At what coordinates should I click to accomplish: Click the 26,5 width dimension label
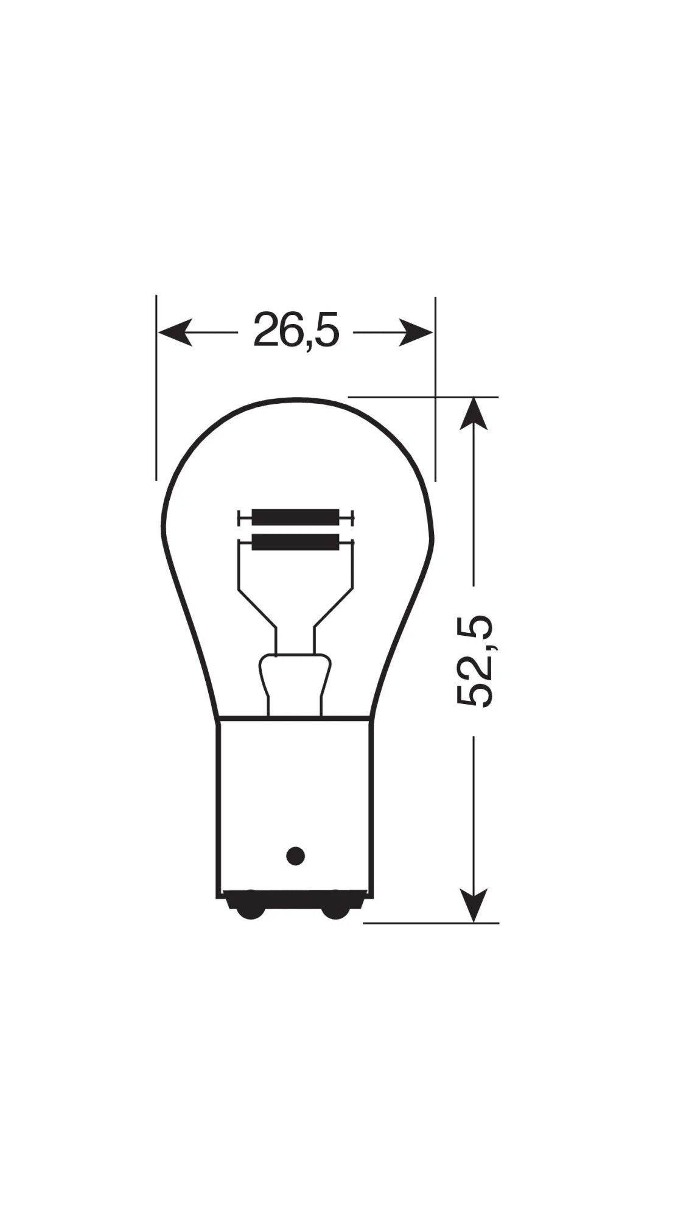tap(296, 330)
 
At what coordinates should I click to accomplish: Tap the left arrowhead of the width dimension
tap(175, 333)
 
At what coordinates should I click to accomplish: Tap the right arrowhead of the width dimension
tap(416, 333)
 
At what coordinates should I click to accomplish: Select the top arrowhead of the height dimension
tap(474, 414)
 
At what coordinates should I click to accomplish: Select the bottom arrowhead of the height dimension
tap(474, 904)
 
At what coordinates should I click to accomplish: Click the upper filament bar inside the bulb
tap(295, 518)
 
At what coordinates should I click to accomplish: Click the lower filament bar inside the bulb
tap(295, 541)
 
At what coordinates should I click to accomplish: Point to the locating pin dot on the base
tap(295, 856)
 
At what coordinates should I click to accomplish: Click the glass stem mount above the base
tap(295, 682)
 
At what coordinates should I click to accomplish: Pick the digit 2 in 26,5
tap(266, 330)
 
